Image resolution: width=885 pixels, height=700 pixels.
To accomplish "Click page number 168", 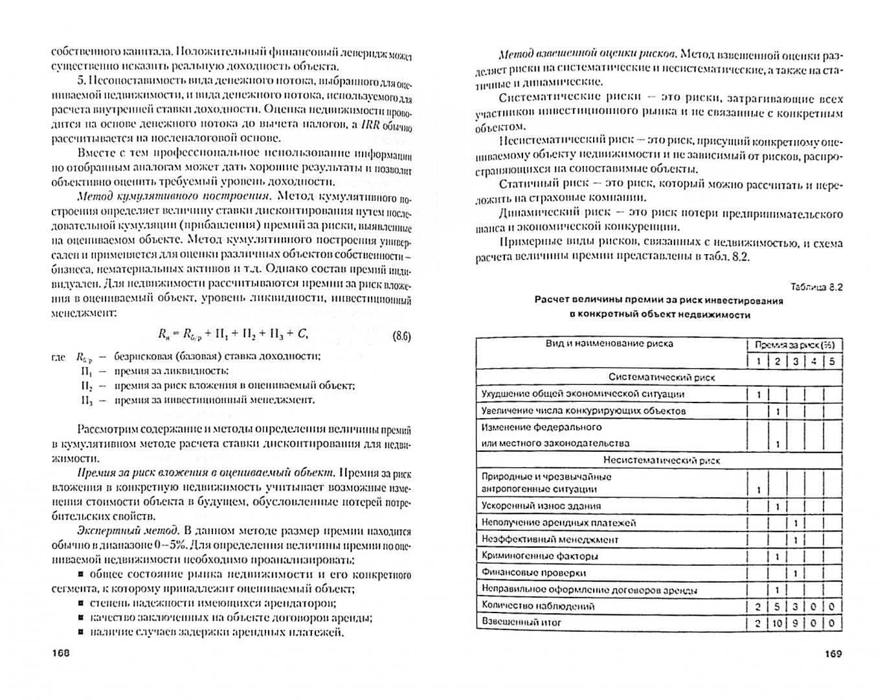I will pyautogui.click(x=60, y=653).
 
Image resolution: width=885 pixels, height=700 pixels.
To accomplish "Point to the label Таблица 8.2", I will pyautogui.click(x=816, y=287).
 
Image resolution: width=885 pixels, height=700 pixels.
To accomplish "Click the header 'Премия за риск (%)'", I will pyautogui.click(x=794, y=344).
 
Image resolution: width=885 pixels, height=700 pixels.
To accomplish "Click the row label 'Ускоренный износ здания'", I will pyautogui.click(x=541, y=506).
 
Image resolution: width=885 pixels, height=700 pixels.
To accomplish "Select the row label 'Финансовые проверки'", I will pyautogui.click(x=533, y=573).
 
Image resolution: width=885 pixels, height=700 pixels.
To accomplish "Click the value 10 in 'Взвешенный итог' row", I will pyautogui.click(x=776, y=624).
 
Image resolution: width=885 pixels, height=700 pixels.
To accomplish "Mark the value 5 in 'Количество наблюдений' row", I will pyautogui.click(x=776, y=607).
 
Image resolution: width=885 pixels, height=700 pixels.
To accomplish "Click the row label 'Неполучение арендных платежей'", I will pyautogui.click(x=558, y=522).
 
